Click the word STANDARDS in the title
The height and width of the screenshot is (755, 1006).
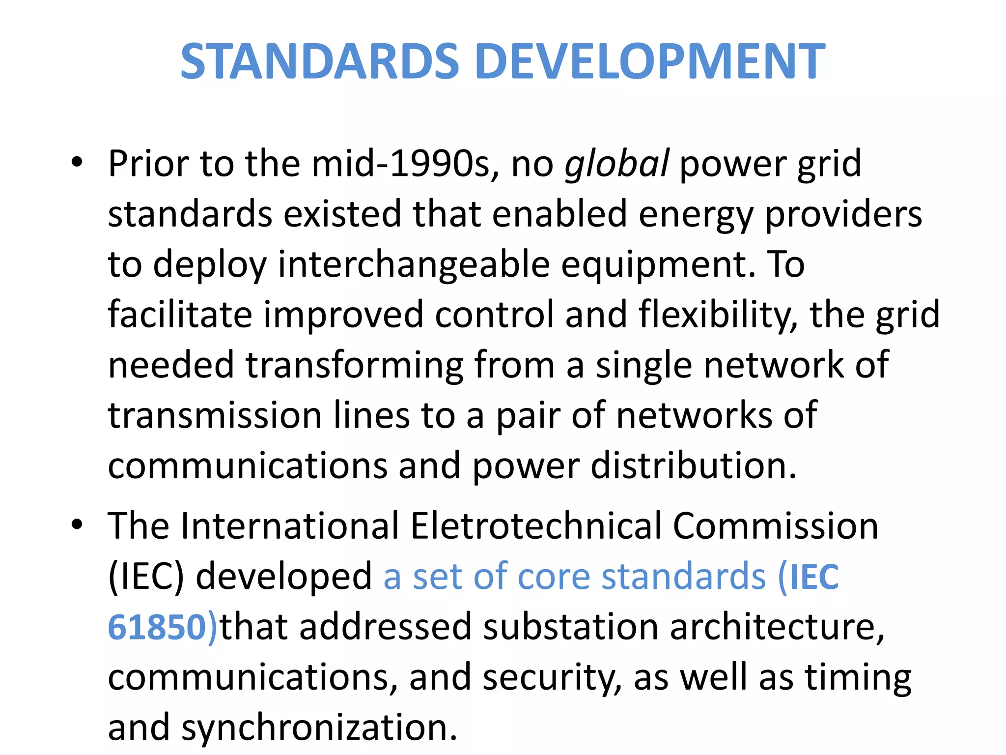(x=320, y=61)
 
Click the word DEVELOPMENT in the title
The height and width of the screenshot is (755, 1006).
(x=650, y=61)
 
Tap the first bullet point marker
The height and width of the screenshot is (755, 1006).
(x=77, y=162)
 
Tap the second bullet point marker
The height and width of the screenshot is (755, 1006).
(x=77, y=524)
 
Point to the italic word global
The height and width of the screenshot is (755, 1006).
(x=616, y=164)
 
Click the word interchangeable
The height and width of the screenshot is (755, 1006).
(x=414, y=265)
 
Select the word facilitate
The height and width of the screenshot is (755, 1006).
(x=180, y=315)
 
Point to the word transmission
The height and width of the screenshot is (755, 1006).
(x=215, y=415)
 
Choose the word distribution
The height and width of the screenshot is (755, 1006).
(x=693, y=465)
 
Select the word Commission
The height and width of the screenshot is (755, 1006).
(x=775, y=526)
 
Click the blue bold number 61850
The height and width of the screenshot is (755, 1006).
(x=157, y=628)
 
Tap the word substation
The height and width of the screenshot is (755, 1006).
(x=570, y=627)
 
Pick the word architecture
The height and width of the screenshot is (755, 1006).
(x=777, y=628)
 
